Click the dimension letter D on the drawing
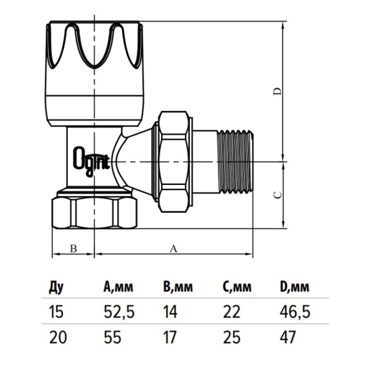(x=277, y=91)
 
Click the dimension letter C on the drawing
(x=277, y=195)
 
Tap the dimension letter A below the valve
(x=173, y=249)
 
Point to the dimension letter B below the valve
(x=73, y=249)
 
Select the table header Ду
(x=56, y=287)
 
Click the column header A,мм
(x=118, y=287)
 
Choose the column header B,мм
(x=178, y=287)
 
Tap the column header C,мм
(x=237, y=287)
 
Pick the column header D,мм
(x=294, y=287)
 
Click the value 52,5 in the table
(x=119, y=311)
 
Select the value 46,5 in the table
(x=295, y=311)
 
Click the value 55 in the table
(x=113, y=337)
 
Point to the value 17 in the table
(x=170, y=337)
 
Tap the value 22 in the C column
(x=231, y=311)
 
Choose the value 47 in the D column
(x=287, y=337)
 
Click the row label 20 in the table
(x=58, y=337)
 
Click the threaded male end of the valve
(x=235, y=162)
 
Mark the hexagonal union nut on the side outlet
(x=175, y=162)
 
